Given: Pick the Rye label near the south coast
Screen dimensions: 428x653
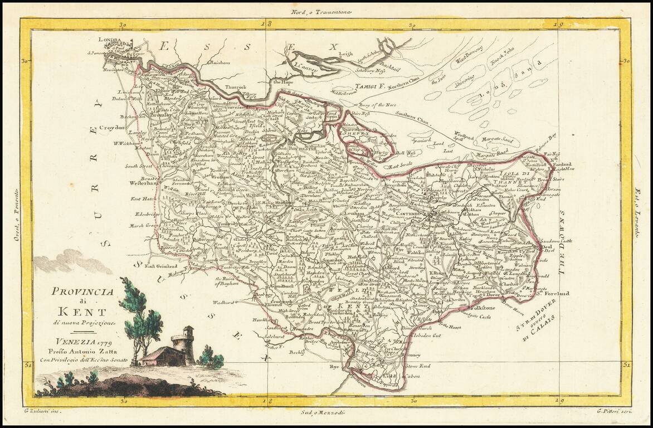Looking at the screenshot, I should [x=335, y=368].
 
